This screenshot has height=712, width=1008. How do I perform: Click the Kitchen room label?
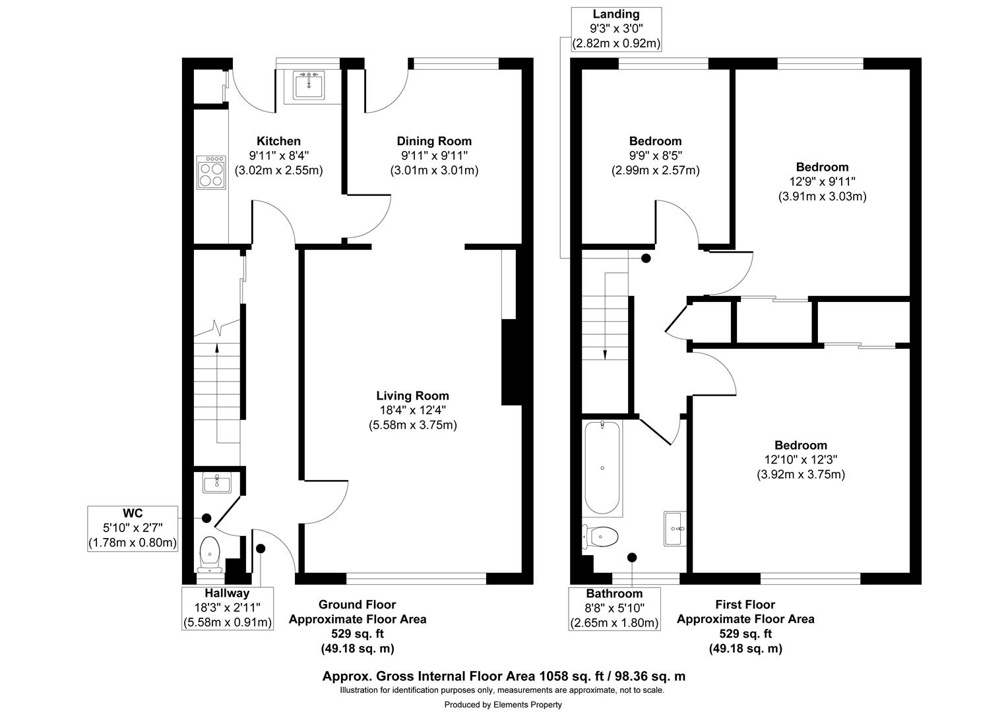point(278,141)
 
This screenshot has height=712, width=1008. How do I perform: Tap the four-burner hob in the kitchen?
point(212,172)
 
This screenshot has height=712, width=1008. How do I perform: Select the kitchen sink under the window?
point(309,84)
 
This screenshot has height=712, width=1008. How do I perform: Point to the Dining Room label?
point(434,141)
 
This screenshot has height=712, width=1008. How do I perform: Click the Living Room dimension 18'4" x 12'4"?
point(413,410)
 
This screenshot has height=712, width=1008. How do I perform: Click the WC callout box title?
point(133,513)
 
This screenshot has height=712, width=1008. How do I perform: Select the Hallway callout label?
point(227,593)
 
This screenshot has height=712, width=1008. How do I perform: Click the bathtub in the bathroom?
point(602,468)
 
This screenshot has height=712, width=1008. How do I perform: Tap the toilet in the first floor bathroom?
point(600,537)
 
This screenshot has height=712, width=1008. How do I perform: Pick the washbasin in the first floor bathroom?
point(675,529)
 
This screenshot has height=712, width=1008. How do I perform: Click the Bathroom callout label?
point(614,593)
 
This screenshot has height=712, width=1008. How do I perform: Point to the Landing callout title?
point(616,14)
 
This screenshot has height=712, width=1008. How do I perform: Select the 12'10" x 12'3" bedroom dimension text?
point(801,460)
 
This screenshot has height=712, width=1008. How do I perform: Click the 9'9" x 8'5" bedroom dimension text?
point(655,156)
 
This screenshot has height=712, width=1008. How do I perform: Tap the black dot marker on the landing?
point(646,258)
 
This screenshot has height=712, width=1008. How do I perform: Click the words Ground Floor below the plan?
point(358,605)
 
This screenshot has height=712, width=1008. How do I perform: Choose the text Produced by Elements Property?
point(503,705)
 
